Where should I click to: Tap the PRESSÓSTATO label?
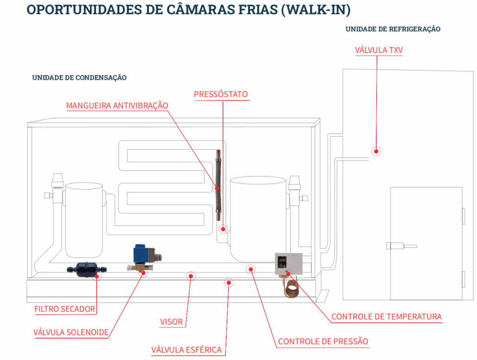pyautogui.click(x=221, y=95)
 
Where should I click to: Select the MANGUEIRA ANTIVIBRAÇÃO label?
pyautogui.click(x=117, y=106)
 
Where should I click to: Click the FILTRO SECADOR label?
pyautogui.click(x=65, y=309)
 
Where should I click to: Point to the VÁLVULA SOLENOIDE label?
pyautogui.click(x=71, y=332)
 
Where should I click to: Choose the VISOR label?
pyautogui.click(x=171, y=322)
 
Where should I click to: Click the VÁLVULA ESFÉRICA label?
pyautogui.click(x=187, y=350)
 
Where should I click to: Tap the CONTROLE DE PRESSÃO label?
pyautogui.click(x=323, y=341)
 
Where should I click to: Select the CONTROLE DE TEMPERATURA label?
pyautogui.click(x=386, y=317)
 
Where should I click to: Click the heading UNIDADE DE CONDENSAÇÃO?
pyautogui.click(x=79, y=78)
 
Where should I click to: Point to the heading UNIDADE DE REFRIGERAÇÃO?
pyautogui.click(x=393, y=29)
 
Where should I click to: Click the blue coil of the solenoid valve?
pyautogui.click(x=139, y=254)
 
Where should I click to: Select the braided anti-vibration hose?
pyautogui.click(x=219, y=185)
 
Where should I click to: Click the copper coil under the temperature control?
pyautogui.click(x=291, y=288)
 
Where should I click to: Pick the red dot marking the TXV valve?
pyautogui.click(x=377, y=151)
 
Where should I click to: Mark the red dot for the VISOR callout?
pyautogui.click(x=190, y=276)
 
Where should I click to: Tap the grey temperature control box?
pyautogui.click(x=289, y=263)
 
